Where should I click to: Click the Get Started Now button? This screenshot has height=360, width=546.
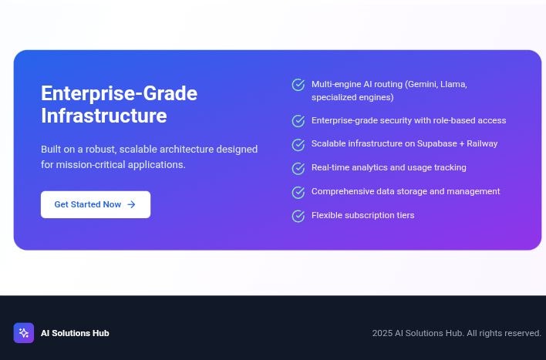click(95, 204)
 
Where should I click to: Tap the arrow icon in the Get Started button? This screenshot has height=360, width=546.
click(131, 204)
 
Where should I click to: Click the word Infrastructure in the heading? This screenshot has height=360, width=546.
click(103, 116)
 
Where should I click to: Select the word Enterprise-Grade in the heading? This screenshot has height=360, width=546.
click(119, 93)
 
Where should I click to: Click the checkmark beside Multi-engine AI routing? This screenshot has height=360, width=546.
click(298, 85)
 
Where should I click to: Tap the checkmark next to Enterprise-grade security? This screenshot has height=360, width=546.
click(298, 121)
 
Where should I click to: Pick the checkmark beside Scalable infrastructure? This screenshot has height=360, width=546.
click(298, 145)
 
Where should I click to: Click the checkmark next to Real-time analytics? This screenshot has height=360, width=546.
click(298, 169)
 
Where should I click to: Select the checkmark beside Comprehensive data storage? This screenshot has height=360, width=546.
click(298, 193)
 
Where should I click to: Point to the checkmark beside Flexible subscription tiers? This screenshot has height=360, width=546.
click(298, 217)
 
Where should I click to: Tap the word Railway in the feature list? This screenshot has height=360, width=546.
click(482, 143)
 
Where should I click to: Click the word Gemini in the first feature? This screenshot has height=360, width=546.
click(420, 84)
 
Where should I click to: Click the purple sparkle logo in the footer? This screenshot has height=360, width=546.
click(24, 333)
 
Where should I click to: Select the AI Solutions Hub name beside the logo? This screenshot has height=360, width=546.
click(75, 333)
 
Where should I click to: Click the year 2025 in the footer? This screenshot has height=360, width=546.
click(382, 333)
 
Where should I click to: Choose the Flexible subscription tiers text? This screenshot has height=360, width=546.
click(362, 215)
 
